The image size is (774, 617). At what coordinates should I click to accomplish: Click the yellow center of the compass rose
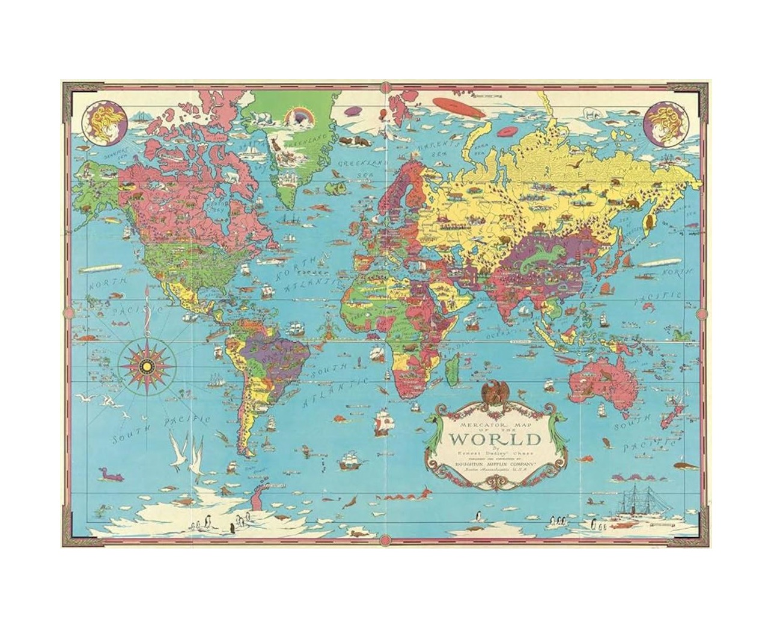[147, 366]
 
